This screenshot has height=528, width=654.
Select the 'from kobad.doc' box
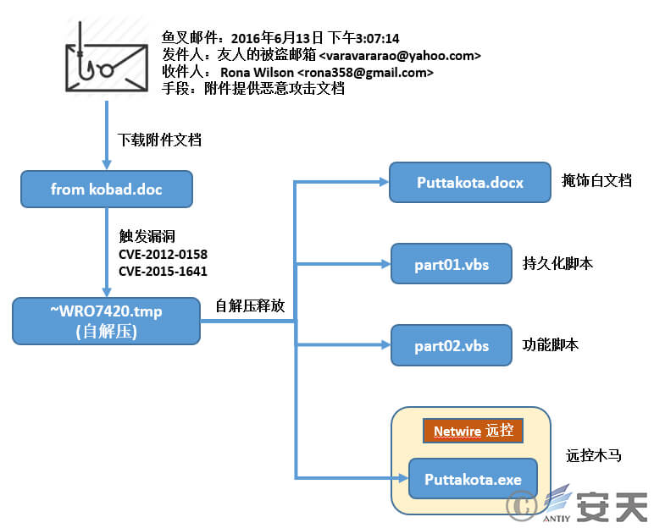[x=107, y=189]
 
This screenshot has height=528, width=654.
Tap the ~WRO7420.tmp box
[x=107, y=320]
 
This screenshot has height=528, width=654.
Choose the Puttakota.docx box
[x=470, y=182]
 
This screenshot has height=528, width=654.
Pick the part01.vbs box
[x=452, y=263]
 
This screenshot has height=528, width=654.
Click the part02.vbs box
[x=452, y=345]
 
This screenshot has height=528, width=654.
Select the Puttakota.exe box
[x=473, y=480]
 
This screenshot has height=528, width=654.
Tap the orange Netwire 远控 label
[x=473, y=431]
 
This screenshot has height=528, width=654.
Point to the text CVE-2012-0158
[x=163, y=254]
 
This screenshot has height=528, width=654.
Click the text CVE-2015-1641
[x=163, y=271]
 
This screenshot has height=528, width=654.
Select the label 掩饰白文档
[x=596, y=181]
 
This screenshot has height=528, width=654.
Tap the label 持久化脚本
[x=558, y=263]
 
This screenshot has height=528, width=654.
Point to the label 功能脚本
[x=551, y=345]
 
